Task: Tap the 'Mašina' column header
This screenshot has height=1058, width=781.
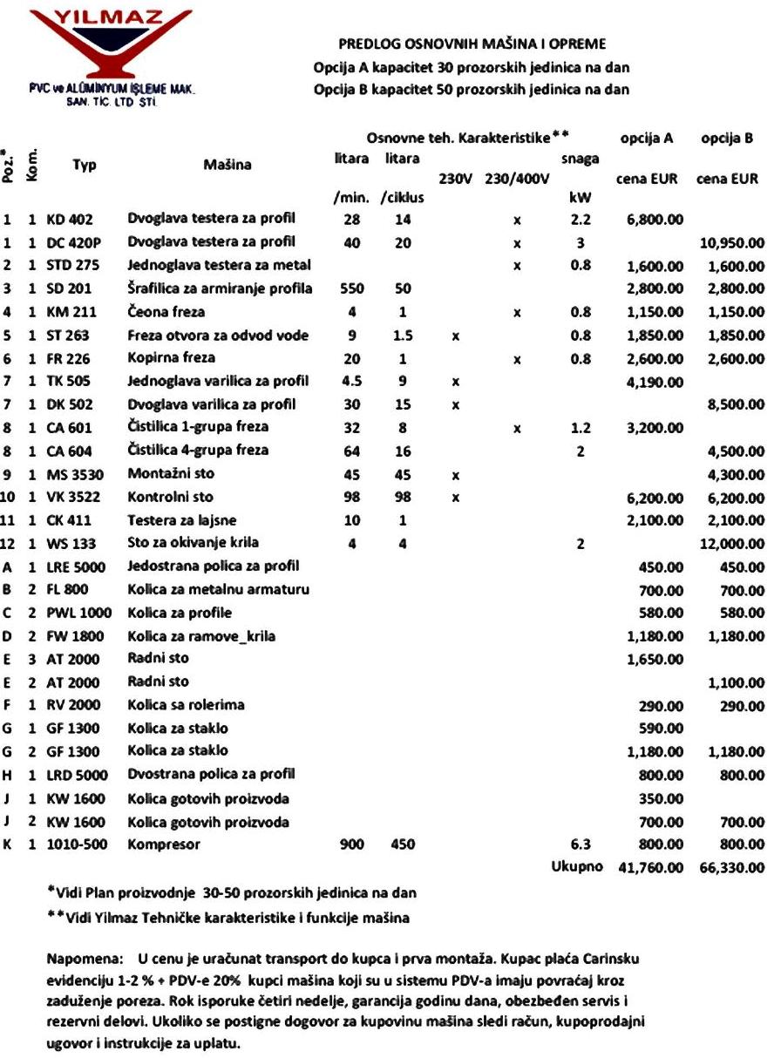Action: [228, 165]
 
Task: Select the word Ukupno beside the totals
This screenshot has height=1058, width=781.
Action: [576, 868]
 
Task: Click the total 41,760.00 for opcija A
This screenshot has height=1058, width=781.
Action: [651, 868]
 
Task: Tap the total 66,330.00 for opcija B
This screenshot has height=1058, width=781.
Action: [733, 868]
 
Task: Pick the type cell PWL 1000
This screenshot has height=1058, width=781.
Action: [81, 613]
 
